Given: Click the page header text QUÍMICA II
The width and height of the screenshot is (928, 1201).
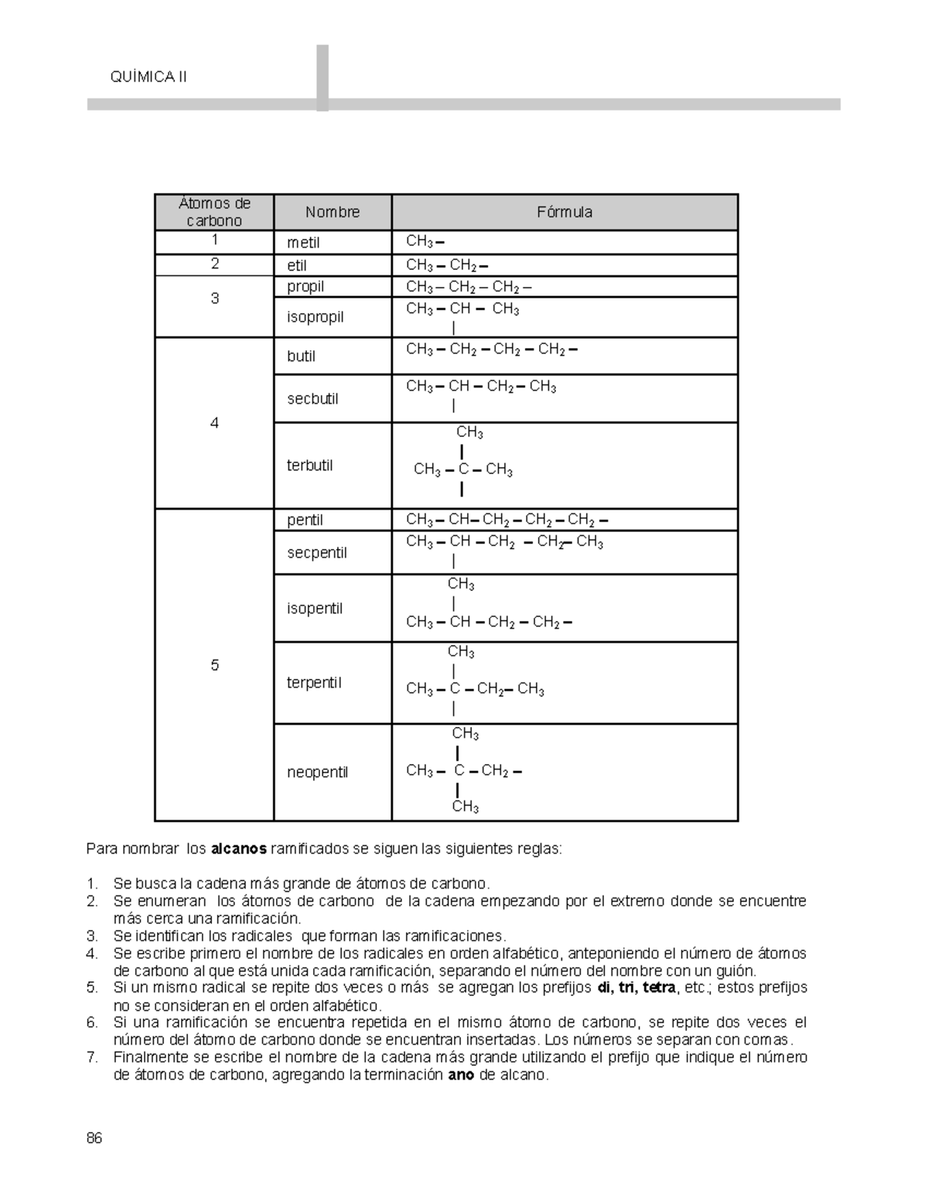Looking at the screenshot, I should [x=149, y=77].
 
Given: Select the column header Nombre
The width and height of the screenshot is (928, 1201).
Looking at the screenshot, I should [x=332, y=212].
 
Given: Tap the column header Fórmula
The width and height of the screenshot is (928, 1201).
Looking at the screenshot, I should [x=565, y=212].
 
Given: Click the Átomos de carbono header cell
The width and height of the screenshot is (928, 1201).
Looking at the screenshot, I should [x=214, y=212].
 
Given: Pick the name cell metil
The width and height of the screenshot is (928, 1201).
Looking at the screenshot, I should [x=303, y=243].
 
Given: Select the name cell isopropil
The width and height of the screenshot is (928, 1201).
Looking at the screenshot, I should [x=315, y=317].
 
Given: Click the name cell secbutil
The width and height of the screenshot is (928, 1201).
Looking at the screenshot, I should [x=312, y=399].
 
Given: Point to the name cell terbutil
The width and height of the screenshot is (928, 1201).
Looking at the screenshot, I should [x=309, y=466].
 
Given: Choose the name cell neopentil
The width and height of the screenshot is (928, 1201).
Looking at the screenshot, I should [x=317, y=772].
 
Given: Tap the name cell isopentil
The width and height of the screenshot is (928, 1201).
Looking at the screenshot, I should [x=314, y=609].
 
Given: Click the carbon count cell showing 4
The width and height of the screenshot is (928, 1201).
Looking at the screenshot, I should [x=214, y=423].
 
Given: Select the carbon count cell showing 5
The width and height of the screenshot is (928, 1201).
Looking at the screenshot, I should [x=214, y=665].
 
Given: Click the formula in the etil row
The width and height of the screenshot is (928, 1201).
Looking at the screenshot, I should [x=447, y=266].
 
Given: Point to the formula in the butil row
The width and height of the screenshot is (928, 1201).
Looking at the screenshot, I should [x=492, y=350].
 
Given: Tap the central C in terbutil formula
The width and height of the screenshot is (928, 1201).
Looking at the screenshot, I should [x=462, y=469].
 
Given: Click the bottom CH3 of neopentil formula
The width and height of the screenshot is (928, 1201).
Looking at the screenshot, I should [x=465, y=807].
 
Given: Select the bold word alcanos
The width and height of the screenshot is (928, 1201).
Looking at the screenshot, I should [x=238, y=849].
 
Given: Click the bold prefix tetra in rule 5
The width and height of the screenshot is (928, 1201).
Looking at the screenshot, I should [x=658, y=988].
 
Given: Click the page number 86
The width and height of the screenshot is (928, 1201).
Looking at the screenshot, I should [x=94, y=1138].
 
